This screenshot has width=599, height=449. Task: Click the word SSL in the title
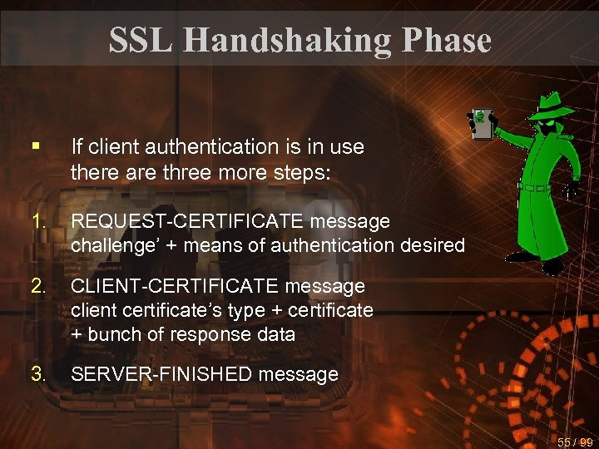[140, 39]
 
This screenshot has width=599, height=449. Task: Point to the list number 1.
[38, 221]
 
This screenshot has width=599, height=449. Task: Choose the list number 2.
[38, 286]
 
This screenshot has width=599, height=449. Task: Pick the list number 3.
[38, 374]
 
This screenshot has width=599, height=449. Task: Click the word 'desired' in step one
[432, 245]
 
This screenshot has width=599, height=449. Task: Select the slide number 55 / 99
[575, 442]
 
